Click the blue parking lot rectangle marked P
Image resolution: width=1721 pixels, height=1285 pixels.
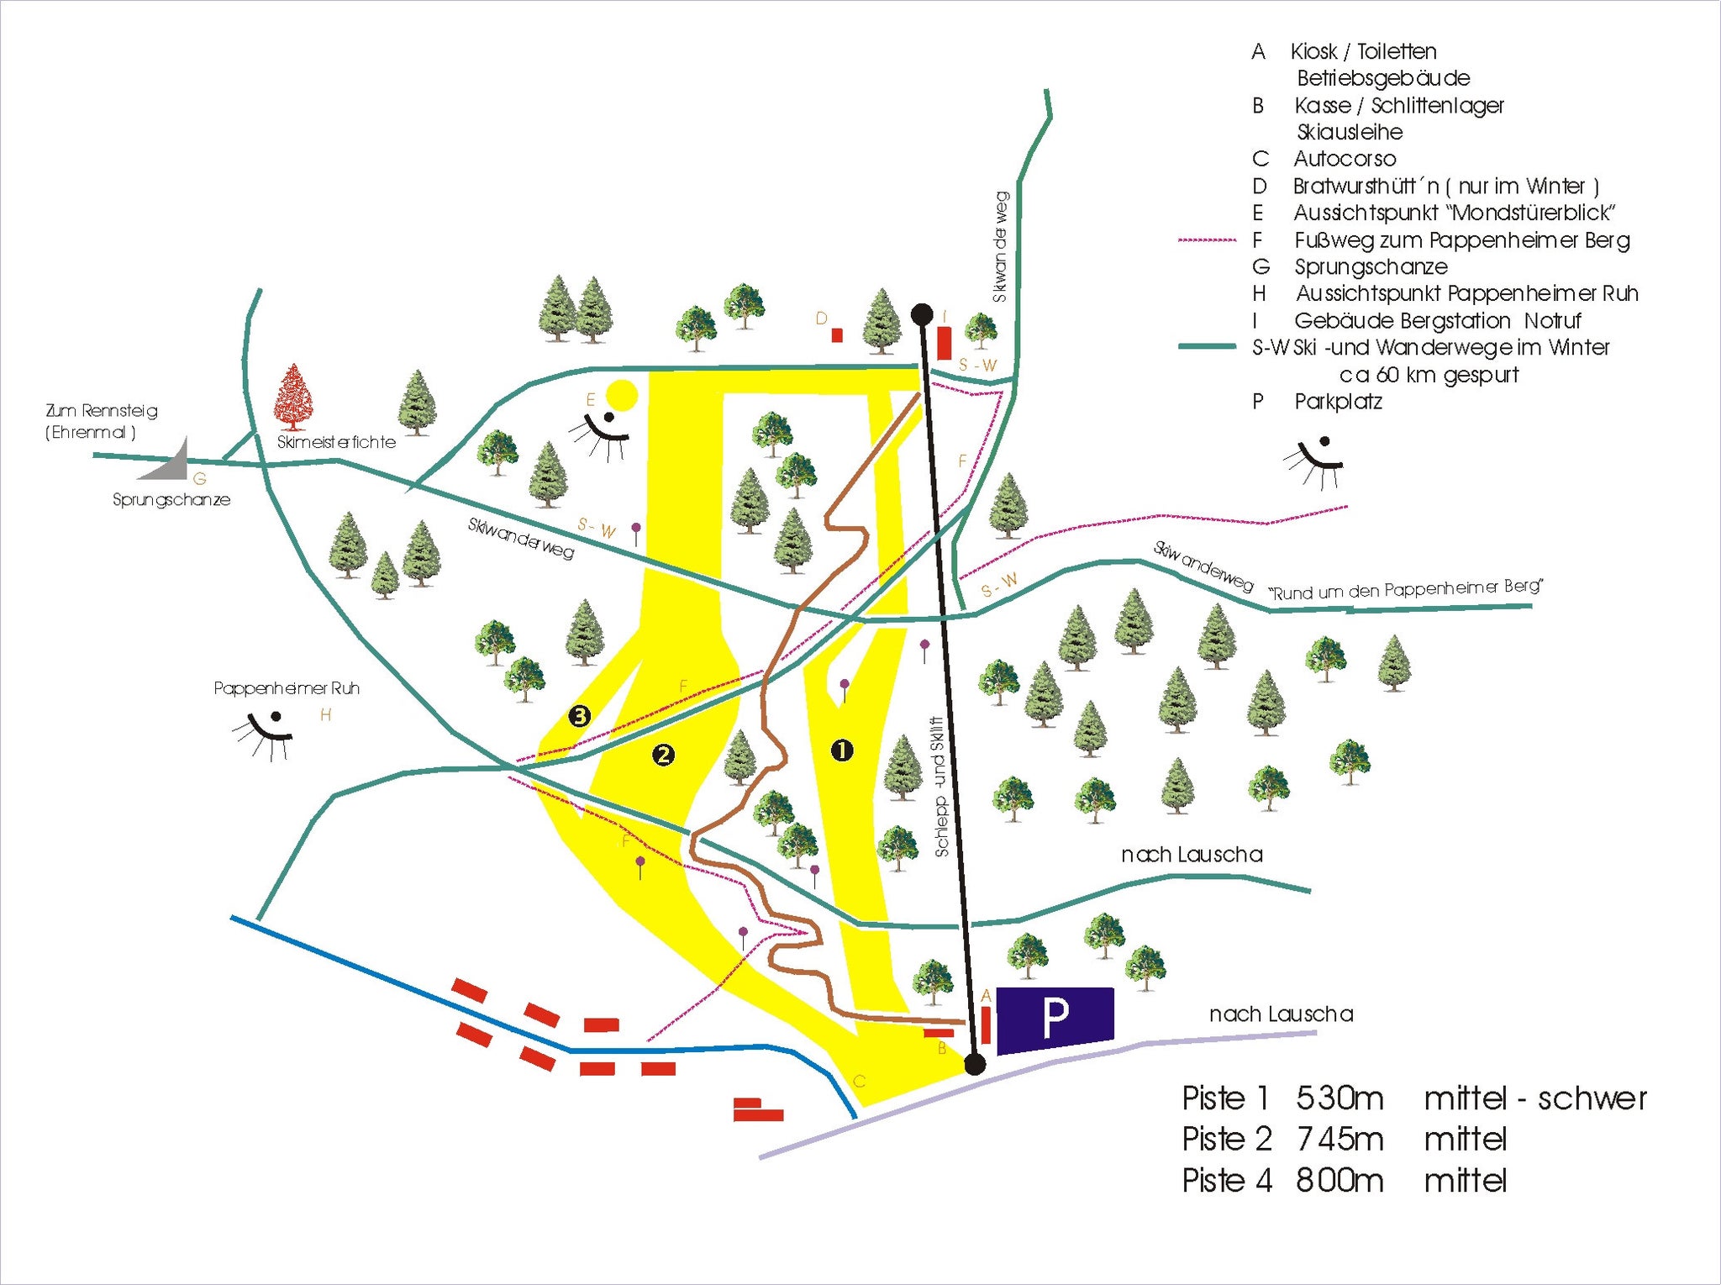[x=1055, y=1019]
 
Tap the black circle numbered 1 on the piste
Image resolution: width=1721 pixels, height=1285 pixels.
[x=842, y=750]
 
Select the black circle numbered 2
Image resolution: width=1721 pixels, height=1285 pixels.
[x=664, y=755]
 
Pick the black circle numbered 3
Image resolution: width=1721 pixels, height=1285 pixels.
[x=579, y=716]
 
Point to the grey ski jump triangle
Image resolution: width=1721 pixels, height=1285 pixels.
[x=170, y=459]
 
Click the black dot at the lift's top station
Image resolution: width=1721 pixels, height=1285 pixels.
[x=922, y=314]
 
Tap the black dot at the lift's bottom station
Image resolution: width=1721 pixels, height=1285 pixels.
[x=975, y=1065]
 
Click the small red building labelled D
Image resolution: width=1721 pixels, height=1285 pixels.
[x=837, y=335]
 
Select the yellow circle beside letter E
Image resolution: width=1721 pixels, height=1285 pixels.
[x=622, y=394]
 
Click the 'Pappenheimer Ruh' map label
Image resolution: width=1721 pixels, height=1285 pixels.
[x=287, y=688]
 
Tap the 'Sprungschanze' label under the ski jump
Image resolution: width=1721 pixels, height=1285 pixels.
[x=171, y=500]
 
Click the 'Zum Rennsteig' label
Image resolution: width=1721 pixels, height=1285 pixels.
[x=102, y=411]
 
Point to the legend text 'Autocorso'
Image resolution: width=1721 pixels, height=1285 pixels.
[x=1345, y=159]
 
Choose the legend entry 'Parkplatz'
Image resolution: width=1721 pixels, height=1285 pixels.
[x=1338, y=402]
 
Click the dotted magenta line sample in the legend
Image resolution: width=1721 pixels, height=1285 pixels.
[x=1208, y=240]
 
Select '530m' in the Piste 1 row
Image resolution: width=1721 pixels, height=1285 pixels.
[x=1339, y=1098]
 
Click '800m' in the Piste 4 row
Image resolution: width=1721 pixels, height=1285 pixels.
[x=1339, y=1181]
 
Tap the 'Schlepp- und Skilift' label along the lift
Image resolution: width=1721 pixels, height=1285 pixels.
[x=940, y=787]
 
